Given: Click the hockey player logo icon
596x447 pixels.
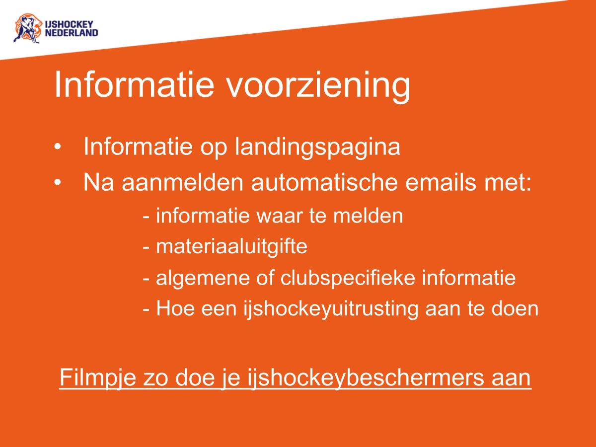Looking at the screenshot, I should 26,28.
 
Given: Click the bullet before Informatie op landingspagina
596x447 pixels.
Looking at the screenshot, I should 58,147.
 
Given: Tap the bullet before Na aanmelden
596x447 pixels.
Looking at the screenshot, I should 58,183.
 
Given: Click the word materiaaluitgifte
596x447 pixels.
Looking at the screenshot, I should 231,247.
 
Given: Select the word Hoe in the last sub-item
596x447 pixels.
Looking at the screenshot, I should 171,309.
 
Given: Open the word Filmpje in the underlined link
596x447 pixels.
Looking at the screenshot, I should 91,378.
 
